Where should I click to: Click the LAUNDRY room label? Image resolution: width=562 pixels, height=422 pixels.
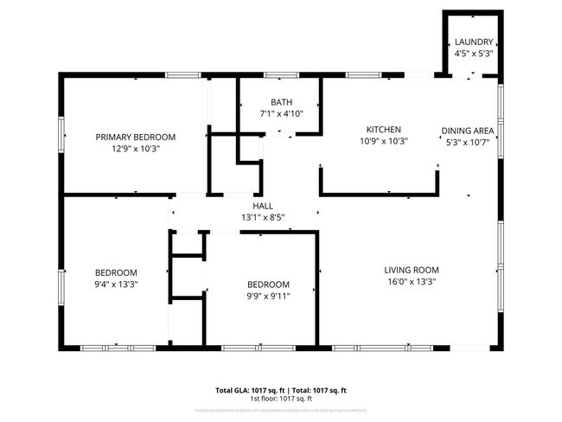(x=473, y=42)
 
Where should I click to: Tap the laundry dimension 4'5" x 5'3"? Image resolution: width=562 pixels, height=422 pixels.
(x=473, y=54)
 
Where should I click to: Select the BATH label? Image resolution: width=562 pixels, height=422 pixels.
(x=281, y=101)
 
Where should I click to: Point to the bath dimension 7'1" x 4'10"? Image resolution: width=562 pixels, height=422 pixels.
(x=281, y=113)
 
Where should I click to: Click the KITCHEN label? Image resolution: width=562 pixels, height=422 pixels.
(x=383, y=130)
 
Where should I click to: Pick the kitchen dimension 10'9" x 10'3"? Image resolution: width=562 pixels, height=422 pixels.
(x=383, y=142)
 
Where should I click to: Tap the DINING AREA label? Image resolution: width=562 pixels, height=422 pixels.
(x=467, y=131)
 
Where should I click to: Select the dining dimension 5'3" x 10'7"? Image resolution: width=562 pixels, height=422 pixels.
(x=467, y=143)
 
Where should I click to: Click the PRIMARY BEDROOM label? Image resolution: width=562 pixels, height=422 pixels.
(x=136, y=137)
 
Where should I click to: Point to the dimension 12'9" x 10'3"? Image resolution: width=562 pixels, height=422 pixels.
(x=136, y=149)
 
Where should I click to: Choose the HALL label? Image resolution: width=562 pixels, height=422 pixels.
(x=264, y=206)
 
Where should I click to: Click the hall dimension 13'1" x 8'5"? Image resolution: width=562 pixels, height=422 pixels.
(x=264, y=218)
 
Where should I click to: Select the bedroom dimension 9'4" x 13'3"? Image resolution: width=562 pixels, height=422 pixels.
(x=117, y=284)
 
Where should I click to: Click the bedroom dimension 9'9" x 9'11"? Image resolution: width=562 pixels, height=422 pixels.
(x=268, y=296)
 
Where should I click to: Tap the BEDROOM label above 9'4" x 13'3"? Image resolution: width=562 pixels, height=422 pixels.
(x=117, y=272)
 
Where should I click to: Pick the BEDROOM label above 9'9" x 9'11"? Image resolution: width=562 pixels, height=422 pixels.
(x=268, y=284)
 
